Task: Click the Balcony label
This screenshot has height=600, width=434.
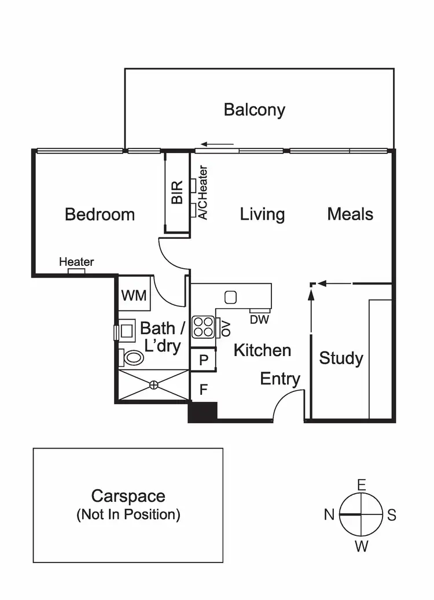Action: (x=254, y=110)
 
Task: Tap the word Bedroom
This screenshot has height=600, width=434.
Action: (x=100, y=214)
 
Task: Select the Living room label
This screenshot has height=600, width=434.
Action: (x=262, y=214)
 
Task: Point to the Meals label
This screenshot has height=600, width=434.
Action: (x=350, y=214)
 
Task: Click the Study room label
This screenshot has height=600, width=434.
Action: (x=341, y=358)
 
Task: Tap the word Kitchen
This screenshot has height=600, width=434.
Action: (x=262, y=350)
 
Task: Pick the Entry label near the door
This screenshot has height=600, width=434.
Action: (x=280, y=379)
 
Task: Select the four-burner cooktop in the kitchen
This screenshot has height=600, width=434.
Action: (x=203, y=327)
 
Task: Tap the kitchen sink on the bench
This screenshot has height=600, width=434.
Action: (x=230, y=298)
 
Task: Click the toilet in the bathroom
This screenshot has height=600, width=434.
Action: (x=133, y=358)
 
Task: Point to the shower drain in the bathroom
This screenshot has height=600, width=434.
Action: (x=154, y=384)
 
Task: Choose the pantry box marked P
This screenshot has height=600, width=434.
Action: (x=203, y=360)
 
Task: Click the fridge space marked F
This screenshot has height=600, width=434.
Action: (x=203, y=390)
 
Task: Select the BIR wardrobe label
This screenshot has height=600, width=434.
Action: (x=177, y=192)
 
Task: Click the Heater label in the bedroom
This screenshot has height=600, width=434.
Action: (x=76, y=262)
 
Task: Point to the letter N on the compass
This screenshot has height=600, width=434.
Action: (x=329, y=514)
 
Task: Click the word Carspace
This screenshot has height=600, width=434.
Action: (x=128, y=496)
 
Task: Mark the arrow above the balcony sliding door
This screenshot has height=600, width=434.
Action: (x=218, y=145)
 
